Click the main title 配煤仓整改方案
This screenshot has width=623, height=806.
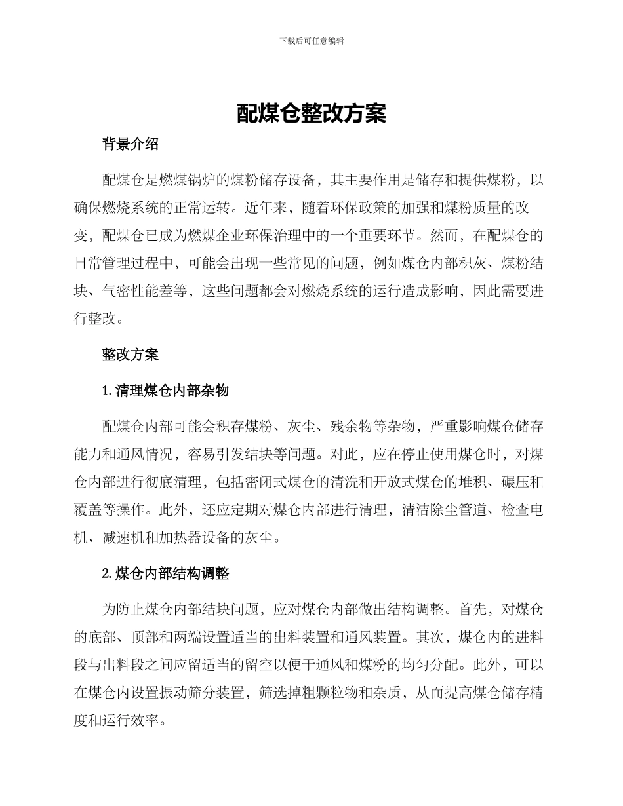(311, 113)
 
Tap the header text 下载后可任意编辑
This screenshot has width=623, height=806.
(311, 41)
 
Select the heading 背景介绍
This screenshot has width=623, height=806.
(130, 145)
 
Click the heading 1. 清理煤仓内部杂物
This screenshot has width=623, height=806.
(165, 391)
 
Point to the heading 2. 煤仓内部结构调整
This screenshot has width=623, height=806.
(165, 573)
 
